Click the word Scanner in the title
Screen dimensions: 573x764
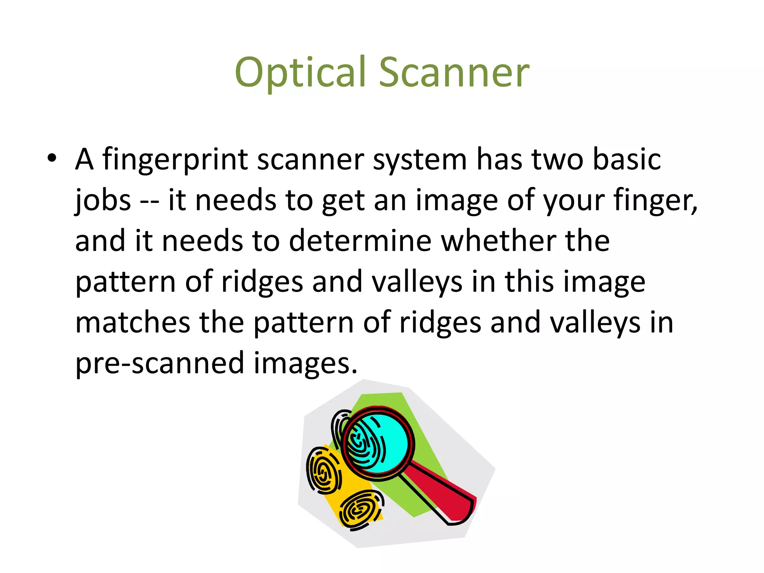pyautogui.click(x=454, y=73)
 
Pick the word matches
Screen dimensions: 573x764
pyautogui.click(x=132, y=323)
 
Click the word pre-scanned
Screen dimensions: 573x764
pyautogui.click(x=160, y=364)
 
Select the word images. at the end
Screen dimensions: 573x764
pyautogui.click(x=305, y=364)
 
